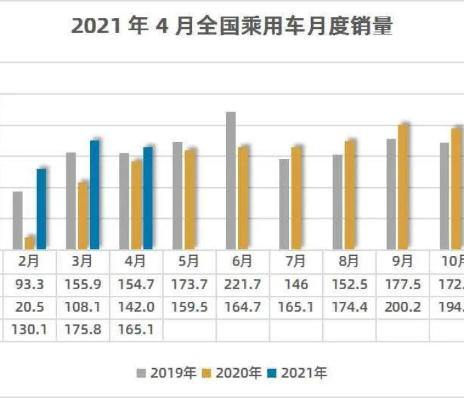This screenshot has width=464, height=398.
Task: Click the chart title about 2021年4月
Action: coord(231,26)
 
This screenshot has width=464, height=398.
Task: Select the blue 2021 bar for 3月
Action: coord(95,195)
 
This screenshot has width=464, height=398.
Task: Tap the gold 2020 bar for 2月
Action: coord(30,243)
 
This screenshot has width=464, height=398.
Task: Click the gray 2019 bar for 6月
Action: coord(231,180)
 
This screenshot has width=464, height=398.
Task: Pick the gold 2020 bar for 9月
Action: coord(403,186)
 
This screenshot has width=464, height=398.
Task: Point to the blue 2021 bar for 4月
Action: coord(148,198)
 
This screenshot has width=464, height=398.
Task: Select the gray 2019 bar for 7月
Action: coord(284,204)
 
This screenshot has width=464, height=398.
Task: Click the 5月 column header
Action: coord(188,261)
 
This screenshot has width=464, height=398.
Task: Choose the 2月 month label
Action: coord(29,261)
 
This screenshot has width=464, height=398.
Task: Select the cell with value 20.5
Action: coord(29,307)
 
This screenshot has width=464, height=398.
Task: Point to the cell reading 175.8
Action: coord(82,329)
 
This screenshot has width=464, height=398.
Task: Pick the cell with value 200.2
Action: coord(403,307)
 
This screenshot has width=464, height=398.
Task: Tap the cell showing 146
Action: coord(296,285)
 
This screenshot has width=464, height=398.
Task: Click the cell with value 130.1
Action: coord(29,329)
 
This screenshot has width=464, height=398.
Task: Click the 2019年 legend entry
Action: coord(166,373)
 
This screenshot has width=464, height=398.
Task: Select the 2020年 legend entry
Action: coord(232,373)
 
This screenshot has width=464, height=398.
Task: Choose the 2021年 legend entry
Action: coord(298,373)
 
